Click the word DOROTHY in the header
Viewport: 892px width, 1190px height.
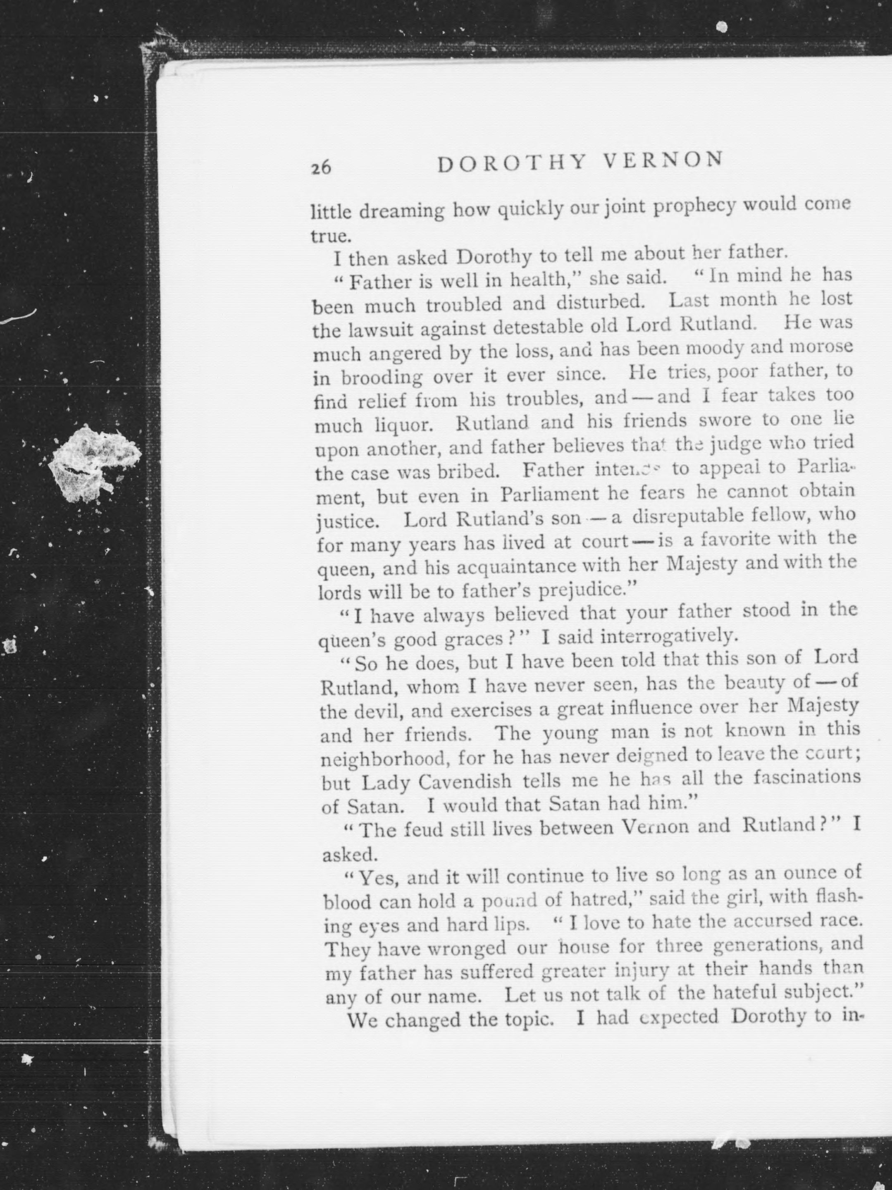511,163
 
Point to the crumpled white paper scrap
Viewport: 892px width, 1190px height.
95,462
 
